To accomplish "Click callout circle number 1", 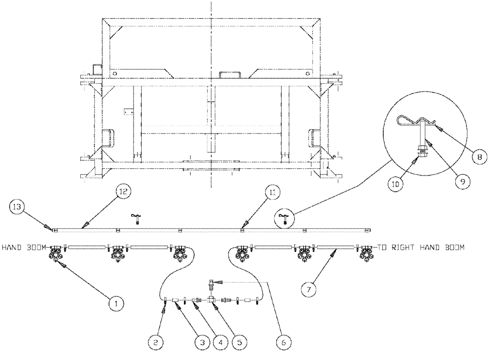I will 116,303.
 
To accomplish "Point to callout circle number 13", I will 17,207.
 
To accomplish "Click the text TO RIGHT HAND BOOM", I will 421,248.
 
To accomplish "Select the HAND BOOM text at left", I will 25,248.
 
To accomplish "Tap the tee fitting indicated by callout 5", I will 211,299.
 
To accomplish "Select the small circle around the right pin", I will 284,218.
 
